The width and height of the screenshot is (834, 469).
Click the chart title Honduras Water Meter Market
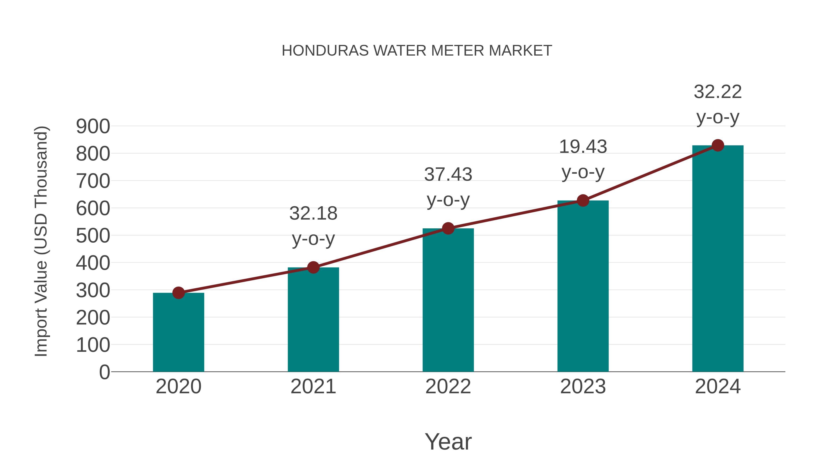tap(417, 51)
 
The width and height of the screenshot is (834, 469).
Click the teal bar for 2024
tap(718, 259)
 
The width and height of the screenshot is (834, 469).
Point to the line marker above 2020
tap(178, 293)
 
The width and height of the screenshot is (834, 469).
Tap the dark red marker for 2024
tap(718, 145)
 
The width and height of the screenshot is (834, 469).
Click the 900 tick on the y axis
tap(93, 126)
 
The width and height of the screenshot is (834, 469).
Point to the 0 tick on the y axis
tap(104, 372)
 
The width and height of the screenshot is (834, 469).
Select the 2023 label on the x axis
tap(583, 387)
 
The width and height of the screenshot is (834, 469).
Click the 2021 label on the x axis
tap(313, 387)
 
